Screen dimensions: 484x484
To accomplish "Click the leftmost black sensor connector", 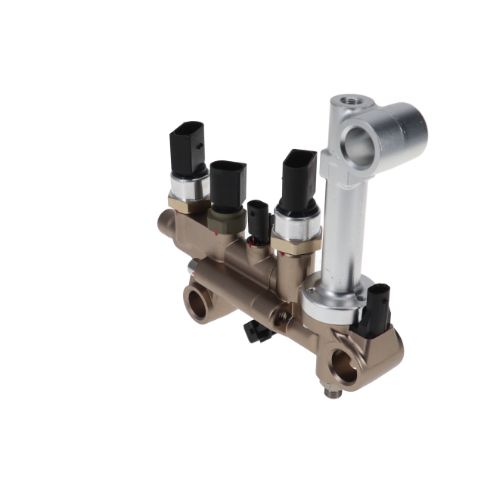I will pos(188,150).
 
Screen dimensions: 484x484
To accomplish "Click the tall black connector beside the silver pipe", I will pos(299,180).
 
